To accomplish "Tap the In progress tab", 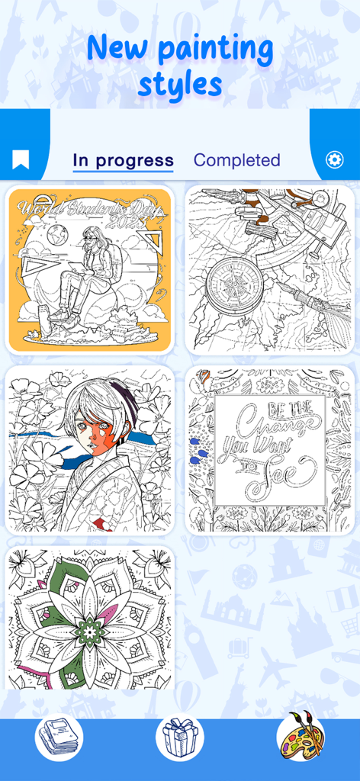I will pos(123,160).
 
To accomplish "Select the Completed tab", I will pos(236,160).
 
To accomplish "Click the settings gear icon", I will pos(334,159).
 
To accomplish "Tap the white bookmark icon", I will pos(21,159).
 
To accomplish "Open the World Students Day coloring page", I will pos(90,270).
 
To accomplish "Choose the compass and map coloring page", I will pos(270,270).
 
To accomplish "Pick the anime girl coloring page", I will pos(90,450).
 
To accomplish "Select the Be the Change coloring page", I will pos(270,450).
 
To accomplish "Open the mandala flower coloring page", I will pos(90,618).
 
